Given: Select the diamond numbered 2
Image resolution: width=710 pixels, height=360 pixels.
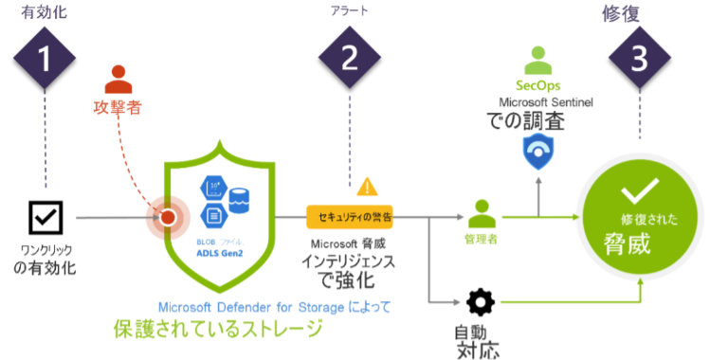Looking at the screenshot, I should (349, 59).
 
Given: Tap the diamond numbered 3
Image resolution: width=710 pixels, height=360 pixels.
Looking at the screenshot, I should (640, 59).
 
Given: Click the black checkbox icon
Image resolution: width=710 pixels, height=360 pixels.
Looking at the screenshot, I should (44, 219).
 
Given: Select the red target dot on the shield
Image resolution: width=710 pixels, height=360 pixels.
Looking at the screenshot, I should (168, 218).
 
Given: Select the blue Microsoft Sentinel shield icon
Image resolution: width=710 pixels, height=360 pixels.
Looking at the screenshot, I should (539, 150).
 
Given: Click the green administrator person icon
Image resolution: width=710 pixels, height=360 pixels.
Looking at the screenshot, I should (483, 211).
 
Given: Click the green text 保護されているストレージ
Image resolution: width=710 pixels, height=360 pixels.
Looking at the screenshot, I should (216, 331).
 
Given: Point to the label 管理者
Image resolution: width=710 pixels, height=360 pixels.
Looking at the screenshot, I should (484, 239).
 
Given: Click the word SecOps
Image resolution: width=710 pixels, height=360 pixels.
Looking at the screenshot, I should (537, 86).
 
